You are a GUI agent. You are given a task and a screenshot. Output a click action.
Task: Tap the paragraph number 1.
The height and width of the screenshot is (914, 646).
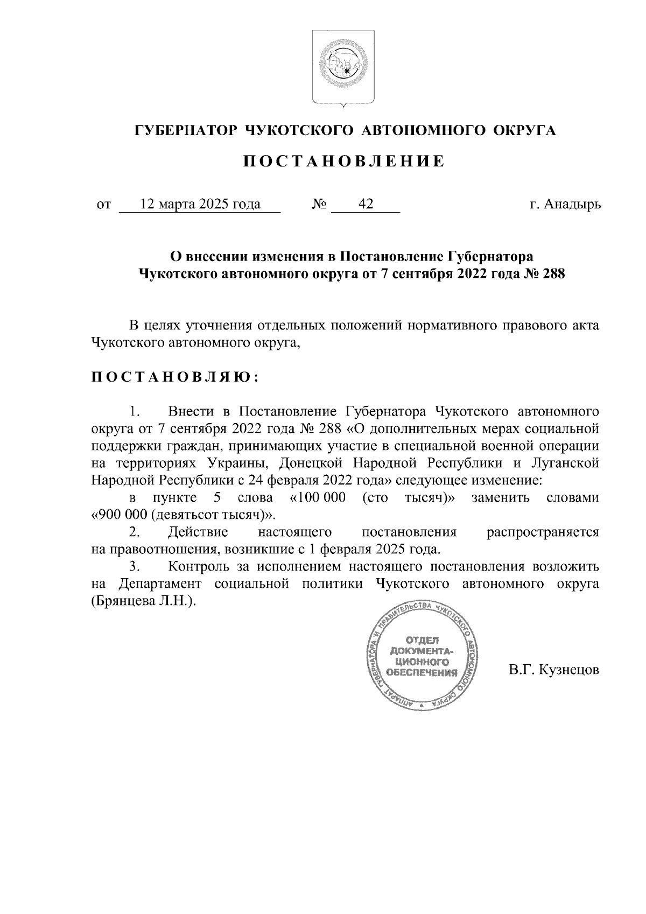coord(134,412)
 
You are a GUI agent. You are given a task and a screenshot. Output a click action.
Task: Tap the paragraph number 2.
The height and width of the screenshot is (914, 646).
coord(134,532)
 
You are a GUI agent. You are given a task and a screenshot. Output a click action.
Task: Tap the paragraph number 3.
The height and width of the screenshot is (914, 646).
coord(134,567)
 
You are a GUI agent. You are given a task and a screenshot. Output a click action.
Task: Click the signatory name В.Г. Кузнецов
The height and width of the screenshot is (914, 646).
coord(554,671)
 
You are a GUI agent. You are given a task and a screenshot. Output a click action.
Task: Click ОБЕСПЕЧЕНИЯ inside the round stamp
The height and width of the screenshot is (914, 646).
coord(422,673)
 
